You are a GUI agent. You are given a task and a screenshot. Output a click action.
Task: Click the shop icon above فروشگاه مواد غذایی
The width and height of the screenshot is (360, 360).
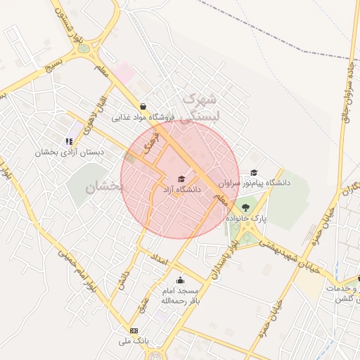pos(143,106)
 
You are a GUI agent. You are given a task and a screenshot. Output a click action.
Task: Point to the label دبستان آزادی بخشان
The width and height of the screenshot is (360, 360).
pos(72,151)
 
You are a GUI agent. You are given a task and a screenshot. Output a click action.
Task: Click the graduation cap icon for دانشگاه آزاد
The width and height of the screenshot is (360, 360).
pos(181,179)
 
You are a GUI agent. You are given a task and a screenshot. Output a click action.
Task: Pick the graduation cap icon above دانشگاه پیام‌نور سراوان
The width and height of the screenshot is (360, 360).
pos(253,172)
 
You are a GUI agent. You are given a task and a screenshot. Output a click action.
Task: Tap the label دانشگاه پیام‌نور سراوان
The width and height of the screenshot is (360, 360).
pos(254,183)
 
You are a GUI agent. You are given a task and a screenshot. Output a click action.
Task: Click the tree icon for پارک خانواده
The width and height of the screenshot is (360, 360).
pos(245,207)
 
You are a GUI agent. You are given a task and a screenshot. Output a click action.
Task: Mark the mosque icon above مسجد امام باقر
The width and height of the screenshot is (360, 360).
pos(180,280)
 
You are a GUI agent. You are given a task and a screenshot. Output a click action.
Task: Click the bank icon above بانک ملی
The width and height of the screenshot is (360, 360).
pos(134,330)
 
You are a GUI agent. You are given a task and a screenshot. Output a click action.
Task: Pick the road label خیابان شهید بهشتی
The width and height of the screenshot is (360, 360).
pos(276,252)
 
